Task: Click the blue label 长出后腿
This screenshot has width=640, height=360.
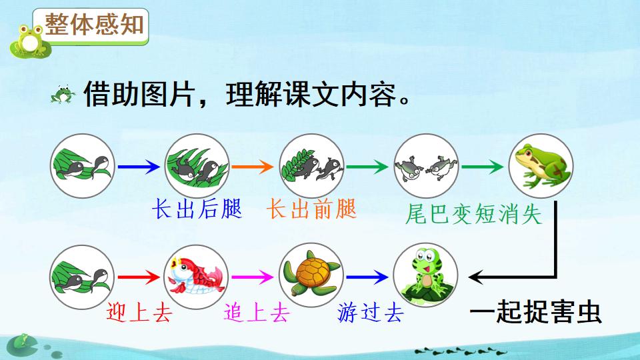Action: [x=197, y=209]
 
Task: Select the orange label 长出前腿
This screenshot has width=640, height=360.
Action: [x=311, y=209]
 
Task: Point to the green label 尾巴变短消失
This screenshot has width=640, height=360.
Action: [x=473, y=214]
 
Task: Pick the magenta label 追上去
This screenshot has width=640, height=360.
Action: [x=255, y=311]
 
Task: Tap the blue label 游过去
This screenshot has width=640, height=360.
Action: [x=371, y=311]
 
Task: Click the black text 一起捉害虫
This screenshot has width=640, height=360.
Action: [x=536, y=311]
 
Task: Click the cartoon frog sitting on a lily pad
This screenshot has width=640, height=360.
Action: [x=425, y=274]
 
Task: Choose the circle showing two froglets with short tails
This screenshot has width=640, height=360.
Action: [x=425, y=165]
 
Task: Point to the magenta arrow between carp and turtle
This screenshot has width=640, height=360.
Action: [x=254, y=275]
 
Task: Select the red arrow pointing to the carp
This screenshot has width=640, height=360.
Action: [x=139, y=275]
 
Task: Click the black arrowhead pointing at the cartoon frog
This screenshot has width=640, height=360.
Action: [x=476, y=275]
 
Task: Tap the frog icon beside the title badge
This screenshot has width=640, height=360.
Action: [x=29, y=41]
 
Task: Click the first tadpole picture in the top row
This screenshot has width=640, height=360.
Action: [x=82, y=165]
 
